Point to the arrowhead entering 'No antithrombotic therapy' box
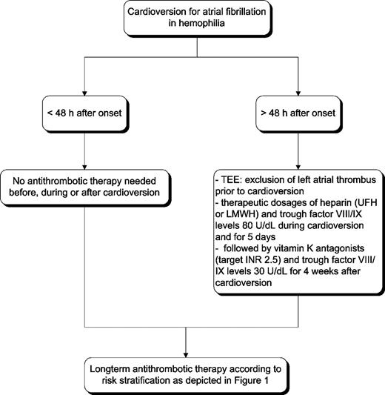pyautogui.click(x=87, y=168)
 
